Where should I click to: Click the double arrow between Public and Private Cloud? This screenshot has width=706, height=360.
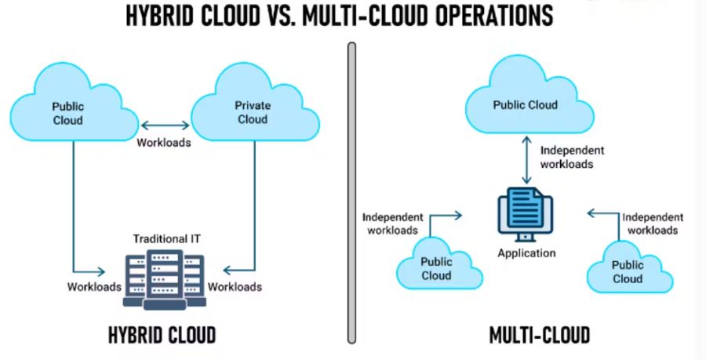pyautogui.click(x=164, y=124)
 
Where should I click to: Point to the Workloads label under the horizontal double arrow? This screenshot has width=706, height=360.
pyautogui.click(x=164, y=143)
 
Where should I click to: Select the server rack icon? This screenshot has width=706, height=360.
pyautogui.click(x=164, y=278)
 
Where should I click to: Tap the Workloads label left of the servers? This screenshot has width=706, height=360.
pyautogui.click(x=93, y=286)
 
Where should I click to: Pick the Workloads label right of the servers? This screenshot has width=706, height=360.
pyautogui.click(x=235, y=286)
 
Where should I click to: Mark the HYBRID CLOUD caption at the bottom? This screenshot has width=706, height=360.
pyautogui.click(x=162, y=336)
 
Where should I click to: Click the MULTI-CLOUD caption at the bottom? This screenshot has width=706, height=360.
pyautogui.click(x=539, y=336)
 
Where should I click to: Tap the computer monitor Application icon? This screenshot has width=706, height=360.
pyautogui.click(x=526, y=214)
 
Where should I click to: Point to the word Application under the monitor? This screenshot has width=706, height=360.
pyautogui.click(x=526, y=253)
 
